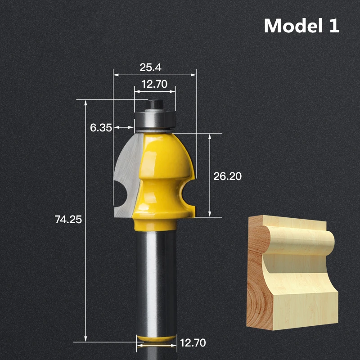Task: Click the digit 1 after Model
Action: [x=333, y=26]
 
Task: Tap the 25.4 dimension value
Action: [x=150, y=67]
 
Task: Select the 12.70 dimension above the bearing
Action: [x=154, y=84]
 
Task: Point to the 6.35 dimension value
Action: [x=101, y=127]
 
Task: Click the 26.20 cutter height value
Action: [x=227, y=176]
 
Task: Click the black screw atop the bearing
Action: [x=154, y=104]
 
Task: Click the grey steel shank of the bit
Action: [x=155, y=279]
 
